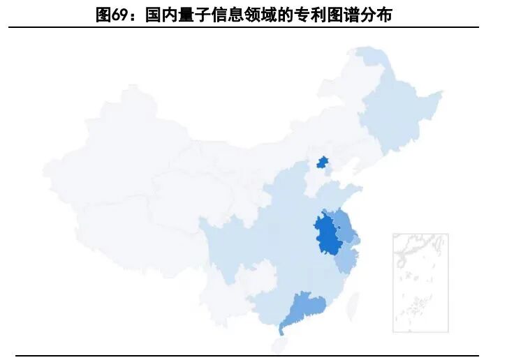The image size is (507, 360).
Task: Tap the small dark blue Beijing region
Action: (x=322, y=163)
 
